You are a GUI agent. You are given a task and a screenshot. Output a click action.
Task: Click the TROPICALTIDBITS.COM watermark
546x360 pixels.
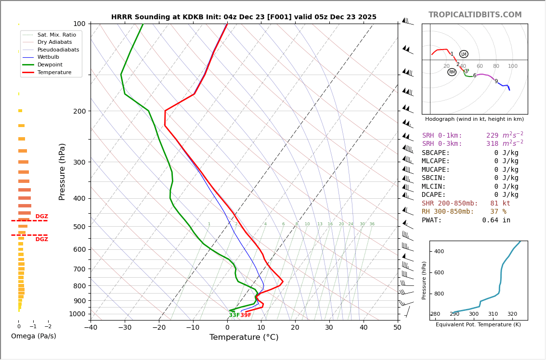(475, 15)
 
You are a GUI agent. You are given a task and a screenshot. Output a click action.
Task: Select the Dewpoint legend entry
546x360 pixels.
(50, 64)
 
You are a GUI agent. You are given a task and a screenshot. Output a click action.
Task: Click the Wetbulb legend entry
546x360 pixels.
(48, 57)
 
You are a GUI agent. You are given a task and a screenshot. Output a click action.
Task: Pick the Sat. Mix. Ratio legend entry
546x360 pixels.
(56, 35)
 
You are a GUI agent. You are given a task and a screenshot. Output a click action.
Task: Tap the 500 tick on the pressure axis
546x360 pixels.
(79, 227)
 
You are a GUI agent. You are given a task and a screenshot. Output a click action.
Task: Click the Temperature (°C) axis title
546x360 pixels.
(244, 337)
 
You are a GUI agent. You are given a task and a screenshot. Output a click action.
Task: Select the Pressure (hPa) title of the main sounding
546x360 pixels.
(62, 171)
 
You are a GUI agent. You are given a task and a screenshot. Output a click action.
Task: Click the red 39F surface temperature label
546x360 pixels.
(246, 315)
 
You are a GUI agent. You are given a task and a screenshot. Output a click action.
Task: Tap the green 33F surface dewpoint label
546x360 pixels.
(234, 315)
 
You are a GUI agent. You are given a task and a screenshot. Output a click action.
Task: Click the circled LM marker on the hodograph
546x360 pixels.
(464, 54)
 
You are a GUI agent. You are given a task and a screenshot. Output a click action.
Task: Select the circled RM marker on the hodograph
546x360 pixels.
(452, 72)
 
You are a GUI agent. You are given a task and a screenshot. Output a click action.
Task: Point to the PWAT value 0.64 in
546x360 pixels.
(496, 220)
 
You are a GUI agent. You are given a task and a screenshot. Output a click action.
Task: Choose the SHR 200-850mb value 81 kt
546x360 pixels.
(500, 204)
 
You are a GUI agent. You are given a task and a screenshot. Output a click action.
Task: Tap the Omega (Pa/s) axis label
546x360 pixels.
(34, 336)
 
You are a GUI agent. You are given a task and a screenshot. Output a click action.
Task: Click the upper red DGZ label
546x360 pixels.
(42, 217)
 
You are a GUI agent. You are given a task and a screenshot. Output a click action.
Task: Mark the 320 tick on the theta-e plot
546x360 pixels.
(512, 314)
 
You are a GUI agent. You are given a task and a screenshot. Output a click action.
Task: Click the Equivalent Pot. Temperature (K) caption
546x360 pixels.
(478, 324)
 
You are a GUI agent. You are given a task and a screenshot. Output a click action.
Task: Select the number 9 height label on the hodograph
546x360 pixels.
(496, 81)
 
